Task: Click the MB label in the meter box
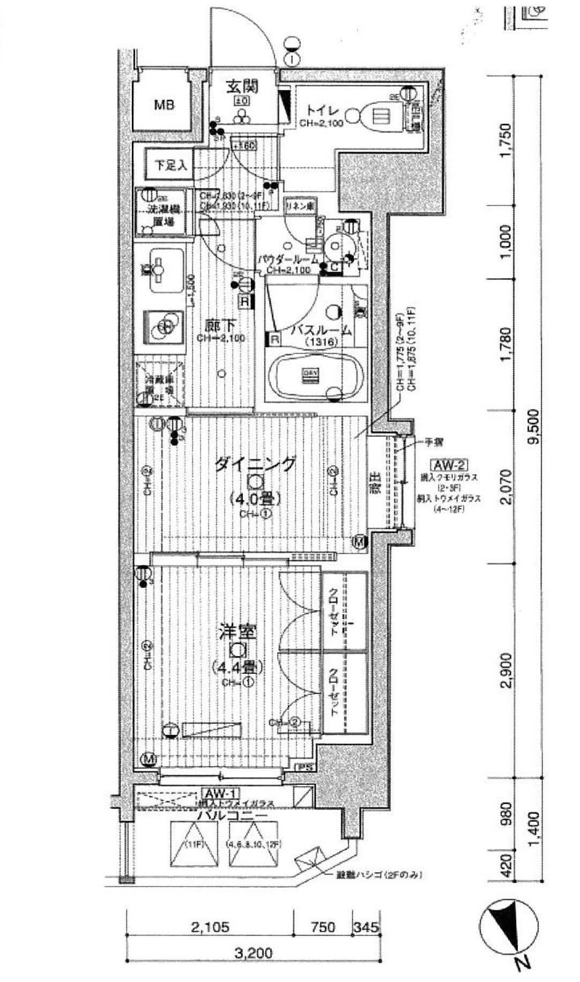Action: (164, 105)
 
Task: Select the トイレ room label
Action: (322, 111)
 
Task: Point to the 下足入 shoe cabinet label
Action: (167, 166)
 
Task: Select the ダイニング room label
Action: (256, 464)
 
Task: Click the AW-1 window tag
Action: (221, 793)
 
